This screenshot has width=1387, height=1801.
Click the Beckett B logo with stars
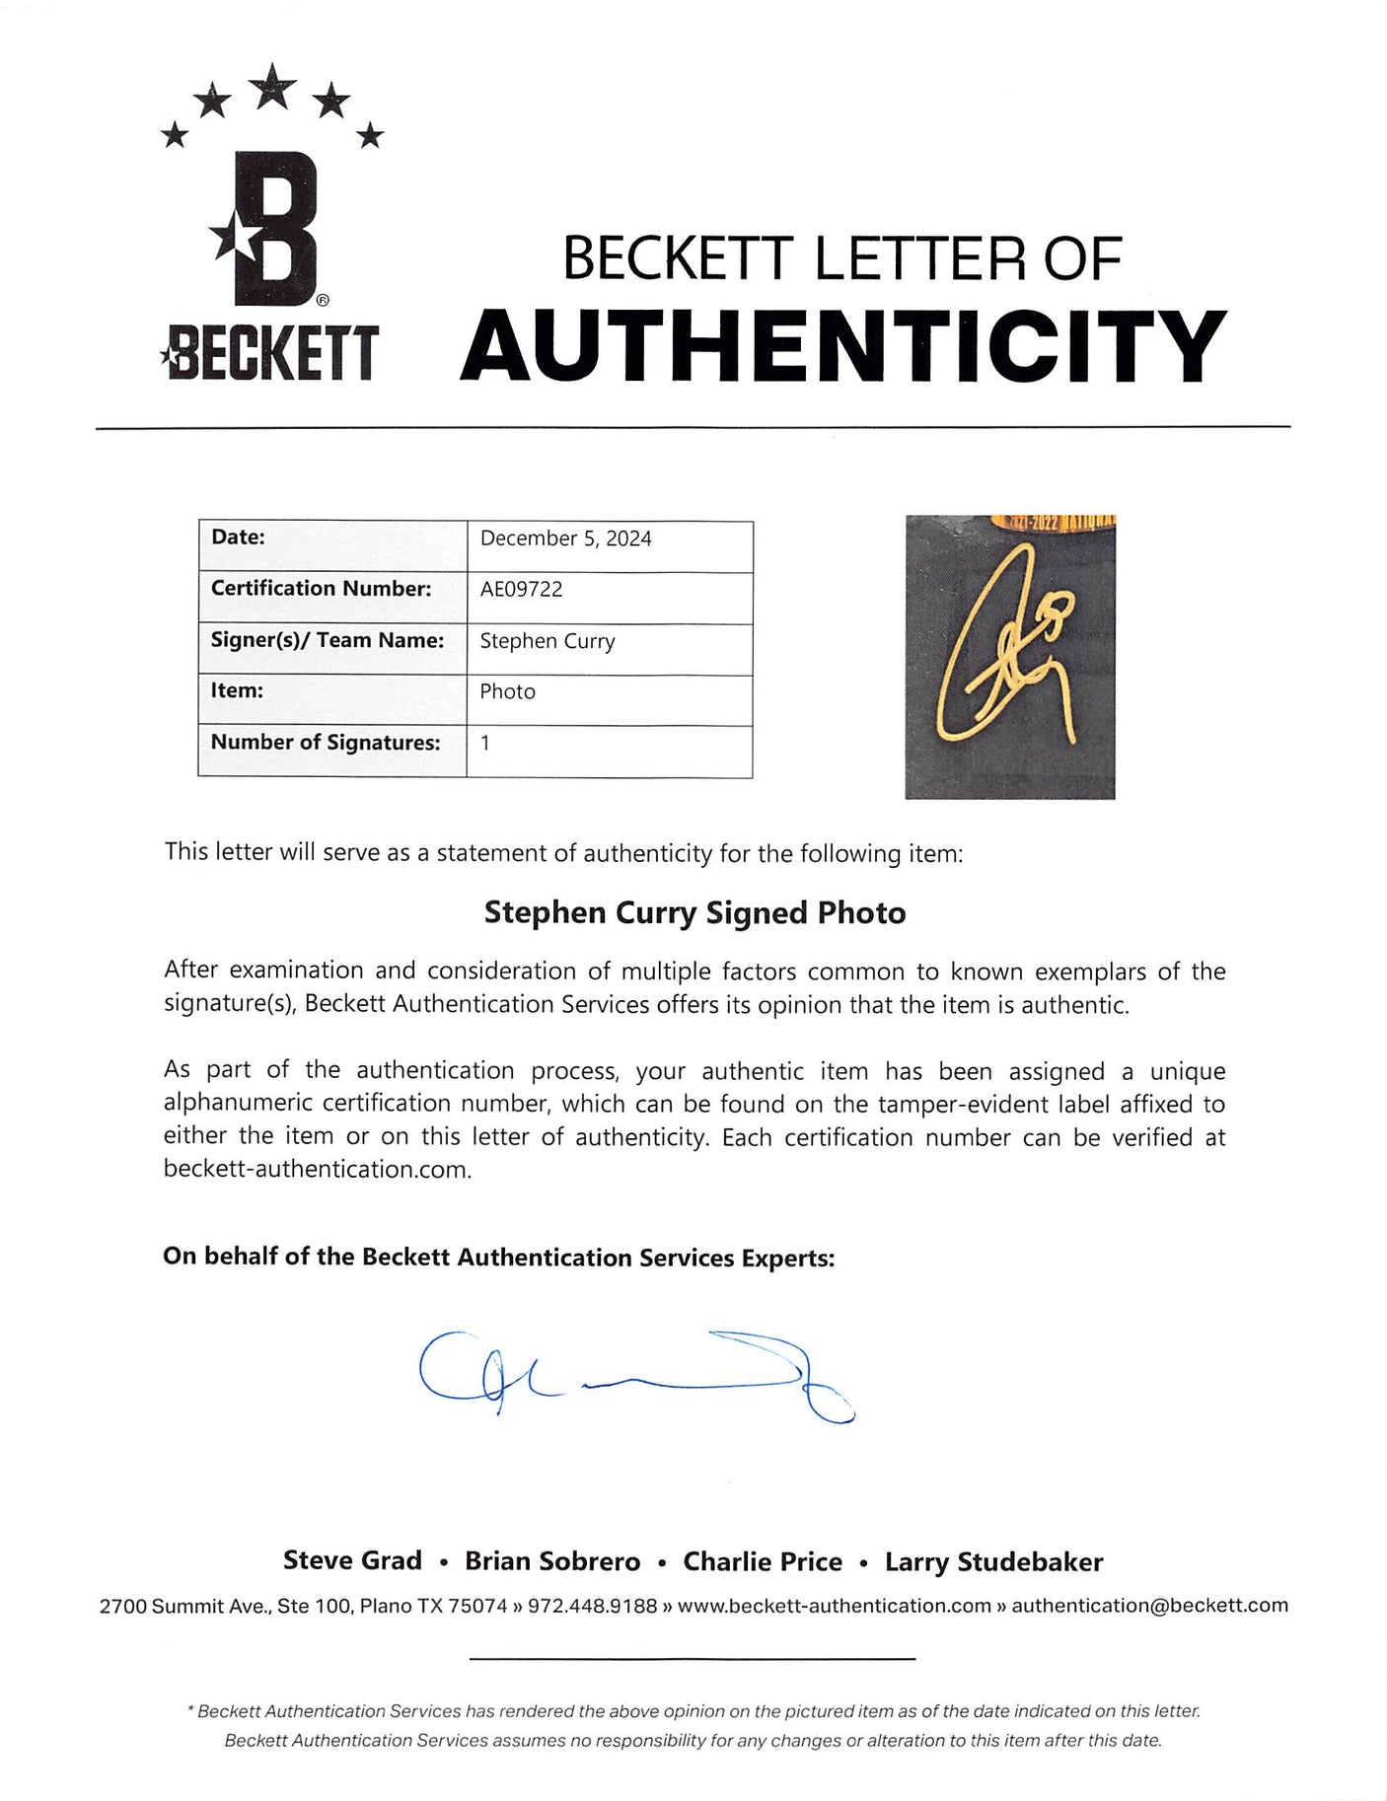270,222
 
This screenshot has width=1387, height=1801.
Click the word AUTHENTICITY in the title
843,346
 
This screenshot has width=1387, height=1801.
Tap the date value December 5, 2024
565,539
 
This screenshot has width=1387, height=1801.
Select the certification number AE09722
521,590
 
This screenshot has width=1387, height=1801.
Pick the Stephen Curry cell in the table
547,641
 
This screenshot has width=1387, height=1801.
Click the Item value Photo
507,692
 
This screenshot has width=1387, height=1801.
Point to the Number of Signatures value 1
485,744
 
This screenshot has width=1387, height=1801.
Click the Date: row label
238,538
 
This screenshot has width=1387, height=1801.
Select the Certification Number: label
321,589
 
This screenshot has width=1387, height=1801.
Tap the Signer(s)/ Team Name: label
327,640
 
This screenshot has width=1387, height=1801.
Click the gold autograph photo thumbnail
1009,656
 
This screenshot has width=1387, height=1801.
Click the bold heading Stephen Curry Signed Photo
694,913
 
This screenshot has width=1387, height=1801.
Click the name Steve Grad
352,1560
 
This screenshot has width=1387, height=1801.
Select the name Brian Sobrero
552,1561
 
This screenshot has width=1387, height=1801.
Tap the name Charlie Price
763,1561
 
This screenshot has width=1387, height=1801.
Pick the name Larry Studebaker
993,1561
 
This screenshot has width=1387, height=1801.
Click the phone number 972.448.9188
592,1606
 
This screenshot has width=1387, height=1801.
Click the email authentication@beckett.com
1149,1606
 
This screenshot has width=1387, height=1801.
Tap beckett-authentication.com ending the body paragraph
317,1170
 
